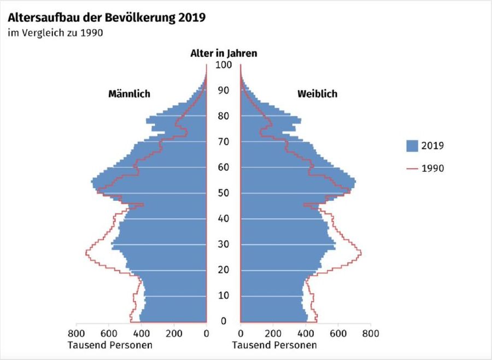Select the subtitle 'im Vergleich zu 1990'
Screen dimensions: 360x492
pyautogui.click(x=55, y=33)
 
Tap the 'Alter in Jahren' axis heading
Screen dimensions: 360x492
pyautogui.click(x=223, y=53)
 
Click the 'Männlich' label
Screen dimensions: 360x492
pyautogui.click(x=129, y=94)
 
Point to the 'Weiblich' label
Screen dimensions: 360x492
pyautogui.click(x=317, y=94)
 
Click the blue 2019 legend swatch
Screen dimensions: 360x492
pyautogui.click(x=412, y=146)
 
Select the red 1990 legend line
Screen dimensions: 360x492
pyautogui.click(x=412, y=169)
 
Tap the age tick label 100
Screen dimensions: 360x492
pyautogui.click(x=224, y=65)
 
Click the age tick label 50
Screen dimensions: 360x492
pyautogui.click(x=224, y=193)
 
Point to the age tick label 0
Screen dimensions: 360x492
pyautogui.click(x=224, y=321)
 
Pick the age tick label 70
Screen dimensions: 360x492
pyautogui.click(x=224, y=142)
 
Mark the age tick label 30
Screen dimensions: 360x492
pyautogui.click(x=224, y=244)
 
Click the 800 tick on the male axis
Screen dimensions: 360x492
pyautogui.click(x=76, y=333)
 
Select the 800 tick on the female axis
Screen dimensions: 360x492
pyautogui.click(x=371, y=333)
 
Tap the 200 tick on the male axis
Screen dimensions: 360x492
pyautogui.click(x=174, y=333)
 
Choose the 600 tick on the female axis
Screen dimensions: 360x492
pyautogui.click(x=338, y=333)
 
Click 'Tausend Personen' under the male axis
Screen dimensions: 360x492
pyautogui.click(x=110, y=345)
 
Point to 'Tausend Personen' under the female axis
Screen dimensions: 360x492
pyautogui.click(x=274, y=345)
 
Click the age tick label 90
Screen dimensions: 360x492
pyautogui.click(x=224, y=90)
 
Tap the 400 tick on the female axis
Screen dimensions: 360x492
pyautogui.click(x=306, y=333)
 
